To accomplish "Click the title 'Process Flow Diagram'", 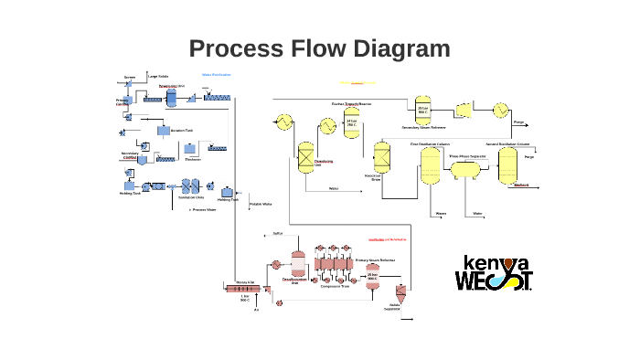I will point(319,48).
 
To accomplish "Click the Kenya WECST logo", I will point(494,271).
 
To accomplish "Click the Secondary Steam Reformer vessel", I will point(422,110).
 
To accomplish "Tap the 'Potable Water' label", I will point(261,204).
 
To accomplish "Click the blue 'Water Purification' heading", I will point(216,74).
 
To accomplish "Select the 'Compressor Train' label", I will point(335,286).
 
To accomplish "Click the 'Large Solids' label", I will point(157,76).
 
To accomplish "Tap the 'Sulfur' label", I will point(278,234).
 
